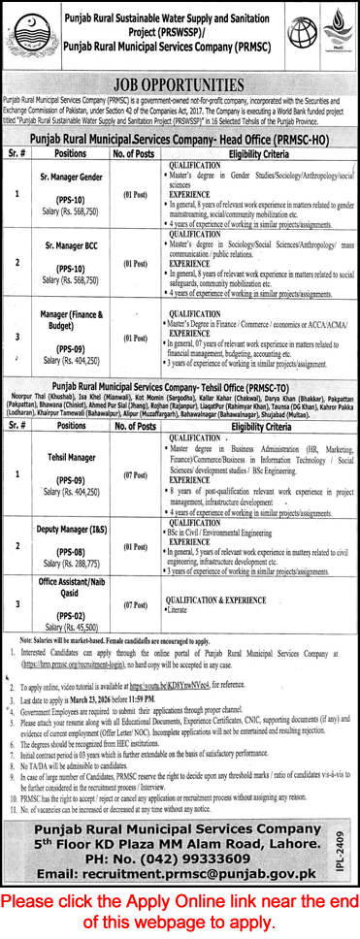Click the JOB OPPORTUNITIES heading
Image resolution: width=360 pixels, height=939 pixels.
point(180,83)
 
